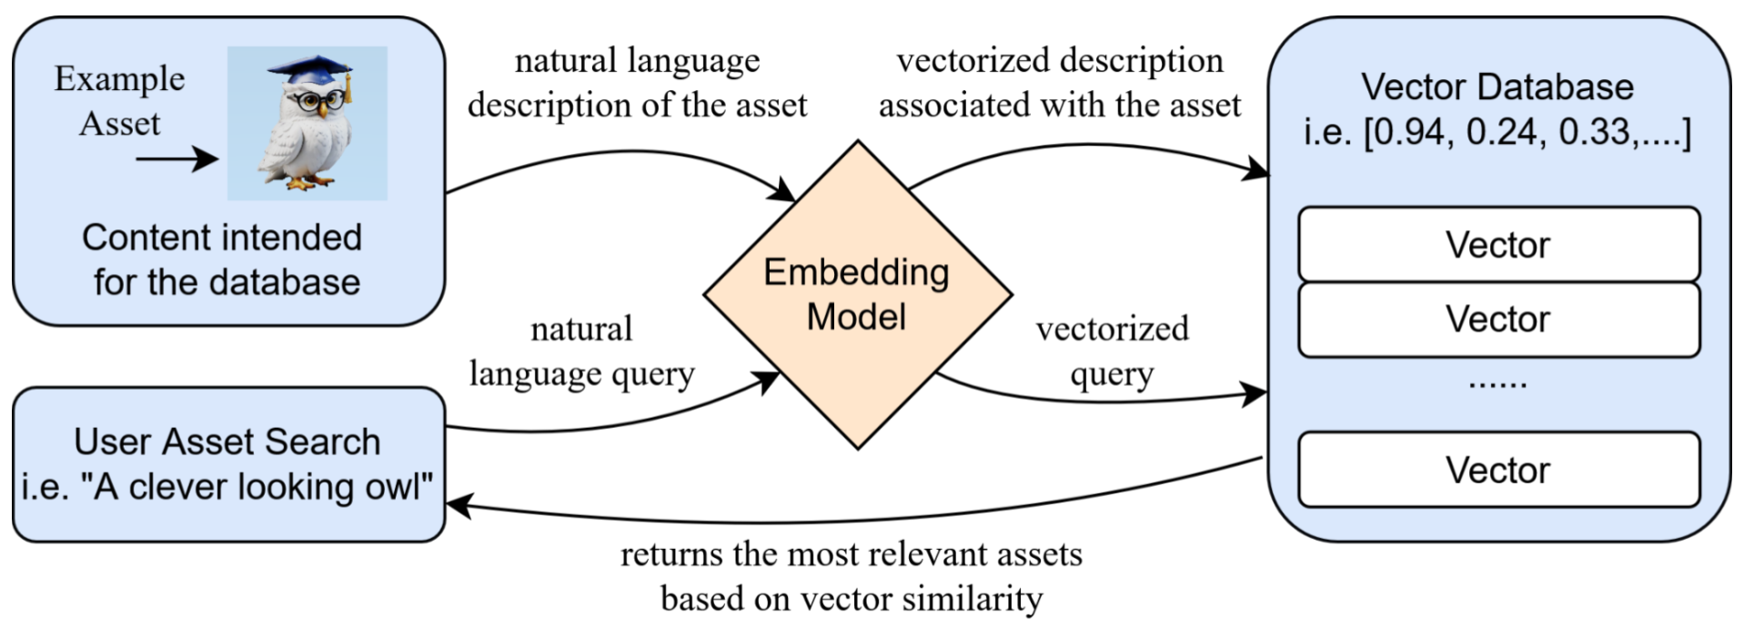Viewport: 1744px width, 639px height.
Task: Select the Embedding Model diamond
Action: coord(857,295)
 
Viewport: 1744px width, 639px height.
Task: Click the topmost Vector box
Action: coord(1498,245)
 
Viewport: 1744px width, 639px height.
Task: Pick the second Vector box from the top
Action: coord(1498,319)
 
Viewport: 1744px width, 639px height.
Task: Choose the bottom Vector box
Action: coord(1498,471)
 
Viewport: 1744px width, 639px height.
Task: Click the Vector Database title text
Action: coord(1497,87)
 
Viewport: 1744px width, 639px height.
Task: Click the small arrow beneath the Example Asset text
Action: coord(176,159)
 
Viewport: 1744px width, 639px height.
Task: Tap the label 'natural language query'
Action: coord(580,351)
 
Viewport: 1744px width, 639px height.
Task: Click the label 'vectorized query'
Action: coord(1112,351)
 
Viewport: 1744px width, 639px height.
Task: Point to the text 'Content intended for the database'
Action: coord(224,259)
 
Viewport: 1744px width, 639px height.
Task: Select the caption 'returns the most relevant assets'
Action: coord(851,554)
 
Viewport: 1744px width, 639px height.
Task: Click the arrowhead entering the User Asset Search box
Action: coord(457,506)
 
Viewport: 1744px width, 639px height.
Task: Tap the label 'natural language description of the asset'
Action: coord(637,83)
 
